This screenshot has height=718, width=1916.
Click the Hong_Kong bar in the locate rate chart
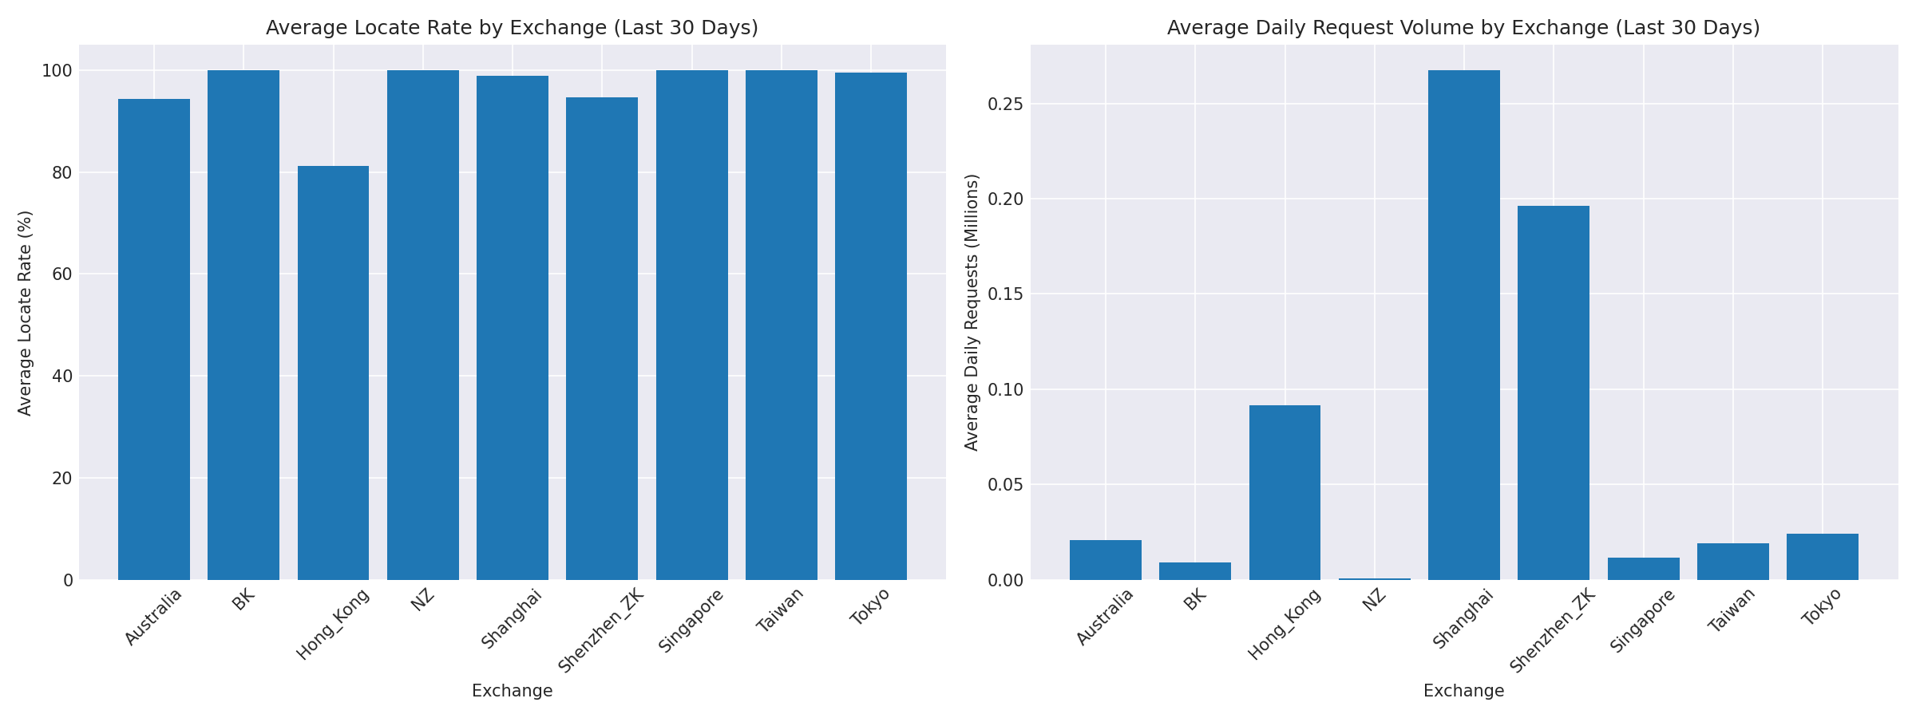click(x=333, y=373)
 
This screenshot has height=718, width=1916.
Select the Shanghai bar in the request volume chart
click(x=1463, y=325)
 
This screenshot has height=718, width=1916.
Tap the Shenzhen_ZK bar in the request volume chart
click(x=1553, y=393)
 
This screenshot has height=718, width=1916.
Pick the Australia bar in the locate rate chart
click(x=154, y=339)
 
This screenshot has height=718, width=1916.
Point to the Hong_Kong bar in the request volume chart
click(x=1285, y=492)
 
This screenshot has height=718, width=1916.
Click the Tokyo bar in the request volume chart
click(x=1822, y=557)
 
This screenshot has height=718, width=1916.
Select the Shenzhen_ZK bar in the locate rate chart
click(x=602, y=338)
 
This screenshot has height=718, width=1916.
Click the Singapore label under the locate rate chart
click(x=691, y=621)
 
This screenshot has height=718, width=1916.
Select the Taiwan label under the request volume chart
click(x=1732, y=611)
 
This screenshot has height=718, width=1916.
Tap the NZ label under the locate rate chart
click(x=423, y=600)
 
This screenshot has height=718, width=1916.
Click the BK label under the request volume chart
click(x=1195, y=600)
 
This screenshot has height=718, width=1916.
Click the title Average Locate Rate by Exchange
click(x=512, y=29)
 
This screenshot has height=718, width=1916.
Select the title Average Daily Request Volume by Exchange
click(x=1463, y=29)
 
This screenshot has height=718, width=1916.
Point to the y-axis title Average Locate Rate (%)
click(x=26, y=313)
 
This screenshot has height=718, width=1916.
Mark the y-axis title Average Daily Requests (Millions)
click(x=972, y=313)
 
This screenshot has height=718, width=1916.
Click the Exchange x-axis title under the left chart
click(x=512, y=692)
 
